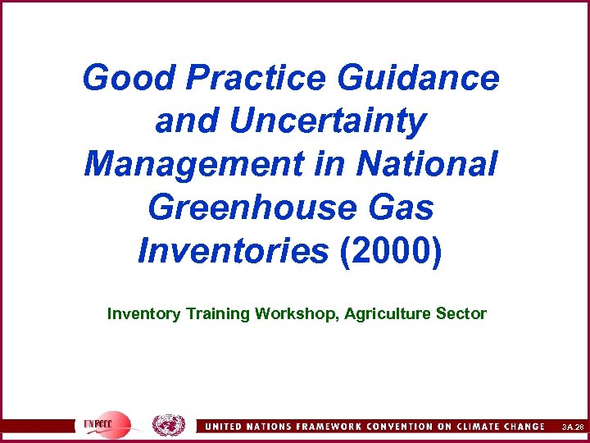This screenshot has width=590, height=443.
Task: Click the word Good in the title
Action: tap(128, 79)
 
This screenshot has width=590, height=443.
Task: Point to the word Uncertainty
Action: tap(328, 121)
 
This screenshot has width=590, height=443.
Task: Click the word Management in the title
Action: tap(193, 164)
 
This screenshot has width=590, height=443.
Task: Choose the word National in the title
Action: tap(426, 164)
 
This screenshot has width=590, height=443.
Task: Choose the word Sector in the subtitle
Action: tap(465, 313)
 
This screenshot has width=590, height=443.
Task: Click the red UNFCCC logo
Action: tap(106, 425)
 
